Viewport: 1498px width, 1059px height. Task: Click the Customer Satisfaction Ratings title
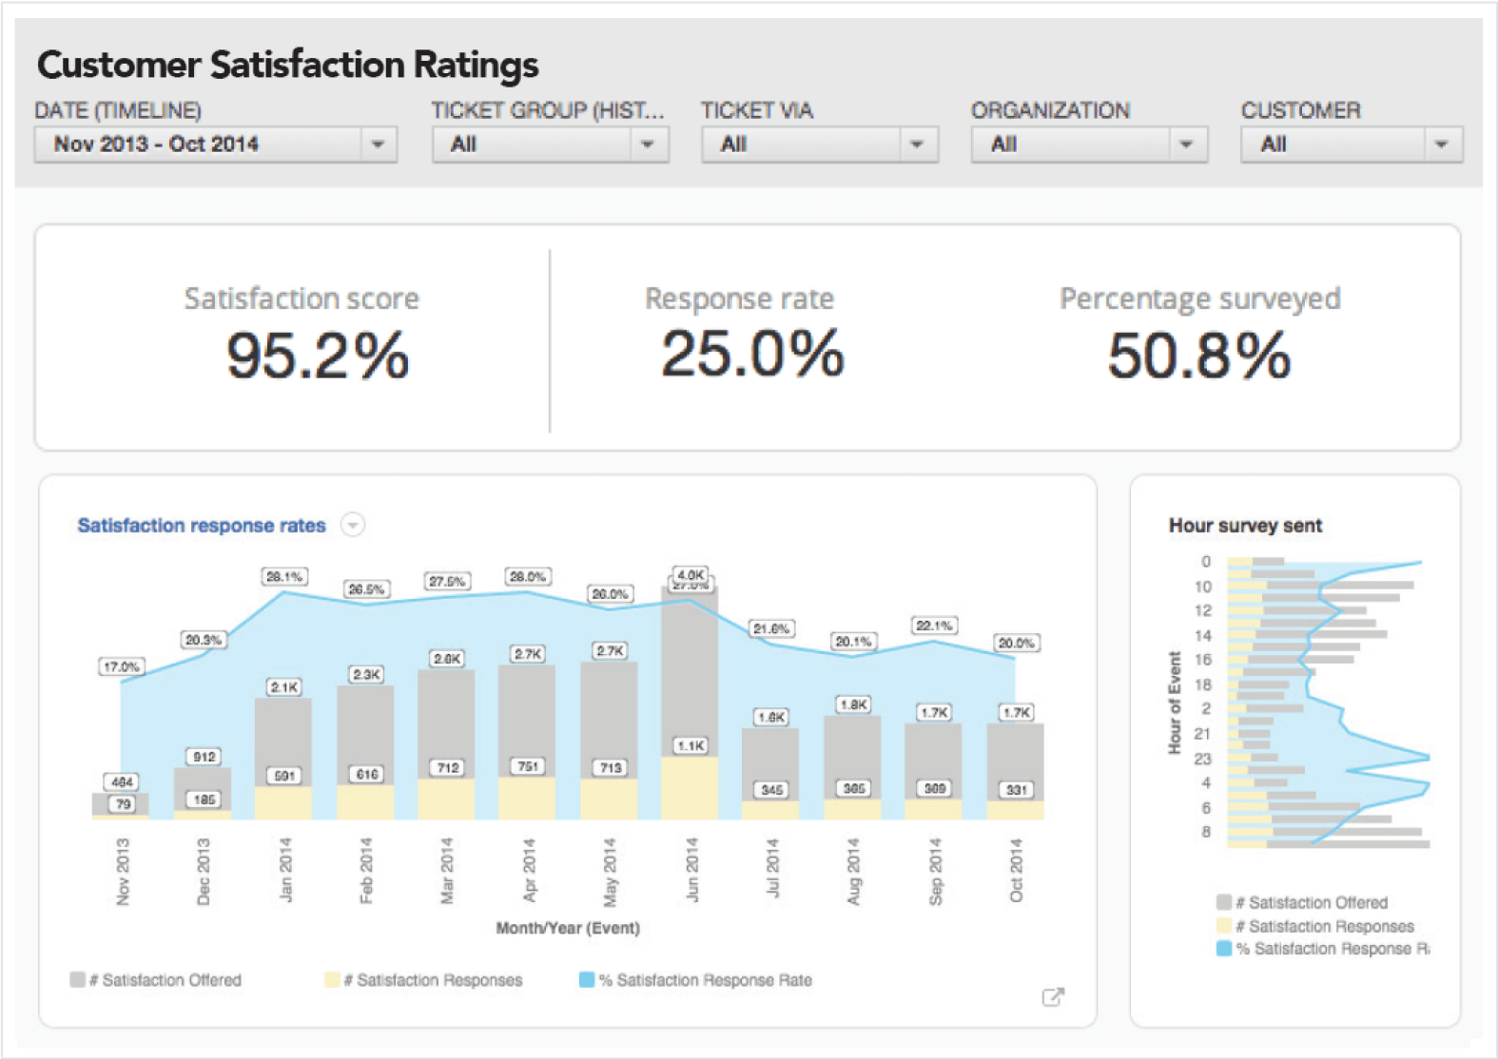tap(287, 65)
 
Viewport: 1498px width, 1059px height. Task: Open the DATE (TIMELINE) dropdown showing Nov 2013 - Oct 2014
tap(216, 144)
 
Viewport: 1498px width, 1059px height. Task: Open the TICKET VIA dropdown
tap(819, 144)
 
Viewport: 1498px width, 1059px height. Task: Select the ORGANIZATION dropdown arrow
tap(1185, 144)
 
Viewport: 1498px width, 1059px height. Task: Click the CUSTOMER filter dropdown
tap(1351, 144)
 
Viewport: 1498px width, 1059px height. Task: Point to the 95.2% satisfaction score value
tap(318, 356)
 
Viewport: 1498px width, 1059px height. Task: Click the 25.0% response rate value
tap(752, 354)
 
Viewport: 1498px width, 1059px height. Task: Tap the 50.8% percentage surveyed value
tap(1198, 356)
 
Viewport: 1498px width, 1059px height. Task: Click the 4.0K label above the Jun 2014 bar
tap(691, 574)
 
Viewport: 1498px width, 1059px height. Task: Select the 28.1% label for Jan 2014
tap(284, 576)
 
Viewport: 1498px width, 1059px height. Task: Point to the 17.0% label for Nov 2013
tap(122, 666)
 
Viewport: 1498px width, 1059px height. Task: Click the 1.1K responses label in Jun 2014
tap(691, 745)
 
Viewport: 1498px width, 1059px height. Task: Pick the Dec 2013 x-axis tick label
tap(203, 871)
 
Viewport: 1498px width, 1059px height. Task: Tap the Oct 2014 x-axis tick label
tap(1016, 871)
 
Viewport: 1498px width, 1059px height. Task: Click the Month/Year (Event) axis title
tap(568, 928)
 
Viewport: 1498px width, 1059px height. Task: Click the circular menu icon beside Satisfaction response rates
tap(353, 525)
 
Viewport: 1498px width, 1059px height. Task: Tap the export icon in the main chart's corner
tap(1053, 996)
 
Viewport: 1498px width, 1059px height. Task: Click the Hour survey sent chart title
tap(1245, 526)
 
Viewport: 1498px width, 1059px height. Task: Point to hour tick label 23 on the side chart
tap(1203, 759)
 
